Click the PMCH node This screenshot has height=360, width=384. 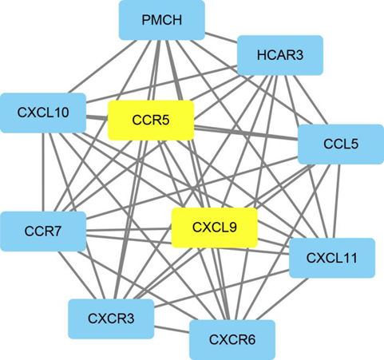[x=162, y=20]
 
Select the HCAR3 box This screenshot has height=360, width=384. [x=280, y=55]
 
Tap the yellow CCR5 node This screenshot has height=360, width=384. [x=151, y=121]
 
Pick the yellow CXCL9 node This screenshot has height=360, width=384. [x=215, y=227]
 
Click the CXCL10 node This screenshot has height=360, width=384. [x=43, y=113]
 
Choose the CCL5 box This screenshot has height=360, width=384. [x=341, y=144]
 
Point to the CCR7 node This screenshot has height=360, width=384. [x=43, y=231]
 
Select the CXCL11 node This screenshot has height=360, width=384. [x=332, y=258]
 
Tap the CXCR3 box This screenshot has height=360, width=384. [x=111, y=318]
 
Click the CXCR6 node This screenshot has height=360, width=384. [x=232, y=340]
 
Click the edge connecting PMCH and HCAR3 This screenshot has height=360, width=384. [x=221, y=38]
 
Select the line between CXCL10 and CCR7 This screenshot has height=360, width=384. [x=42, y=172]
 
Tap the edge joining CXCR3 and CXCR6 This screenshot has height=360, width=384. [x=172, y=330]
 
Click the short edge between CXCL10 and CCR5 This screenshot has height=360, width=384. [x=97, y=117]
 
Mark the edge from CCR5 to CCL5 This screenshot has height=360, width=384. [x=246, y=133]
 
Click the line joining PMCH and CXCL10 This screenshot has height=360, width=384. [x=101, y=66]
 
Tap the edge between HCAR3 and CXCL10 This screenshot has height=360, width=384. [x=161, y=84]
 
